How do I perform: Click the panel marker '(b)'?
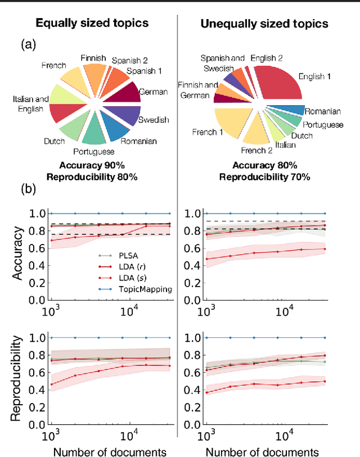[28, 189]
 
